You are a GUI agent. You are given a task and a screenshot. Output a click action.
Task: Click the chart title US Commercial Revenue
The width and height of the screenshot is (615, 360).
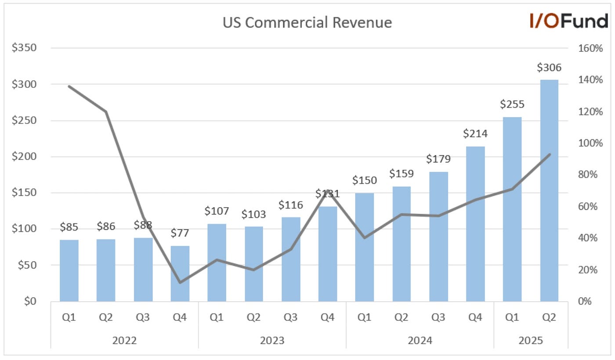point(307,22)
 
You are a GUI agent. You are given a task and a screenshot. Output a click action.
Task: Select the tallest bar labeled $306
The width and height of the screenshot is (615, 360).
point(549,191)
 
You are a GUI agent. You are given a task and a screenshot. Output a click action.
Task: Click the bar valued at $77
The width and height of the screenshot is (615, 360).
point(180,274)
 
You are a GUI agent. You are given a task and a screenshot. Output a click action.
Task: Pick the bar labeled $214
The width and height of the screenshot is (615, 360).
point(475,224)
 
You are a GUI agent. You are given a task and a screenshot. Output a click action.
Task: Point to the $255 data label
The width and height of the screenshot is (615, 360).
point(512,104)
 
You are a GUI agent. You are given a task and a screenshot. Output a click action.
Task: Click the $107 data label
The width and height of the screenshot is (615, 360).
point(217,211)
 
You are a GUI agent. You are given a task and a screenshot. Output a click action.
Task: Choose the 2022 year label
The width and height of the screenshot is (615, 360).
point(124,340)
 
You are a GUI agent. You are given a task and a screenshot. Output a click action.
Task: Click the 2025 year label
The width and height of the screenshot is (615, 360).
point(531,340)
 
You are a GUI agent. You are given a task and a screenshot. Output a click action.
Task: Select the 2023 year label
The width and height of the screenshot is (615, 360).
point(272,340)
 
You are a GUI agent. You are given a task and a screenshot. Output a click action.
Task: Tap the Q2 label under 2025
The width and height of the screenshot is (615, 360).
point(549,317)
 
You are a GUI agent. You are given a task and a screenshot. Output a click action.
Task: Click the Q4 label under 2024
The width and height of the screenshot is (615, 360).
point(475,317)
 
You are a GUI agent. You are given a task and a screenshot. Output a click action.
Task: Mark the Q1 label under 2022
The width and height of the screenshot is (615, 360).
point(69,317)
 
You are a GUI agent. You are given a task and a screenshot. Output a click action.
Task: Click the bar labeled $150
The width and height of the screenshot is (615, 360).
point(365,247)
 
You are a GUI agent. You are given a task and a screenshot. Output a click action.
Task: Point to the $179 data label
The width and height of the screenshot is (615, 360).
point(438,159)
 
